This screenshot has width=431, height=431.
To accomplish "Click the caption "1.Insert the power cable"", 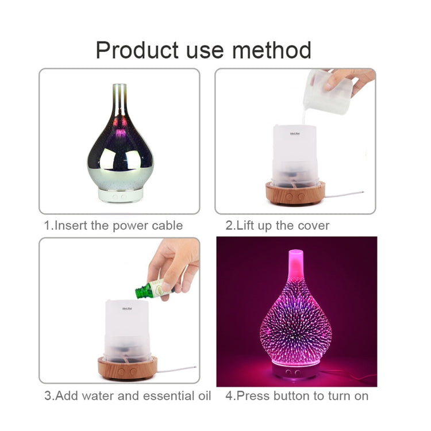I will [x=114, y=225].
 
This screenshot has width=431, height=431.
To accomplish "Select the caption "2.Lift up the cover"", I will [x=278, y=225].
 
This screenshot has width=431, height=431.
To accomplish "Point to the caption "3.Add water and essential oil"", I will [x=128, y=396].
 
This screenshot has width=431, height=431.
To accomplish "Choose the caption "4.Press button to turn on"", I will [x=297, y=396].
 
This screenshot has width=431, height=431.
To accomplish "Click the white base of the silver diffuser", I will [x=120, y=195].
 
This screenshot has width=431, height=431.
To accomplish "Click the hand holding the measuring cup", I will [x=353, y=80].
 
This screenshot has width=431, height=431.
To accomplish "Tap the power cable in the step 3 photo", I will [x=175, y=368].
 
